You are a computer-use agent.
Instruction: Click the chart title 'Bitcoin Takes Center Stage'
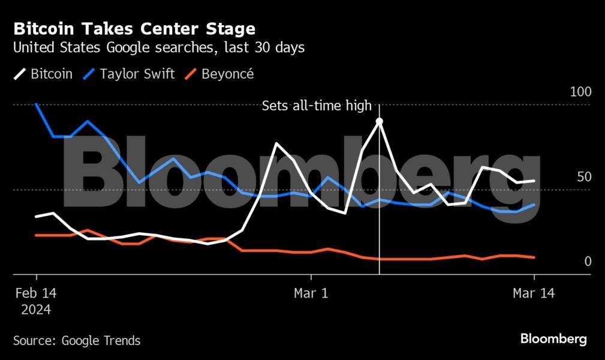[x=134, y=29]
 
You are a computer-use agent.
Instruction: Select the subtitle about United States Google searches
[x=159, y=47]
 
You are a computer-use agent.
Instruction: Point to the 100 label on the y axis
[x=580, y=92]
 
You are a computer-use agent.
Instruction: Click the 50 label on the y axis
[x=584, y=177]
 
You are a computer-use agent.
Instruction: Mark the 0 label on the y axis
[x=588, y=261]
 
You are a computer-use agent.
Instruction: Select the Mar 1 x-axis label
[x=311, y=293]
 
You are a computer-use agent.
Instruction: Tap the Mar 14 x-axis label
[x=534, y=293]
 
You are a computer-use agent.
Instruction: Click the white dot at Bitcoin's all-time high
[x=379, y=121]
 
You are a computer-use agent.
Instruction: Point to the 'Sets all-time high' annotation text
[x=317, y=106]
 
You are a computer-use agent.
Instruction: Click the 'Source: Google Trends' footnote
[x=77, y=341]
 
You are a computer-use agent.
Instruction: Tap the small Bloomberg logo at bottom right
[x=553, y=339]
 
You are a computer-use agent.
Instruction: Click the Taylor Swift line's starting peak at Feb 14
[x=37, y=104]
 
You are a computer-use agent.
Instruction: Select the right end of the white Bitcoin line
[x=534, y=181]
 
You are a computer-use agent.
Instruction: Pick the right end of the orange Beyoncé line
[x=534, y=257]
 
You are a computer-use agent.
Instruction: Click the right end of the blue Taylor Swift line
[x=534, y=205]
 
